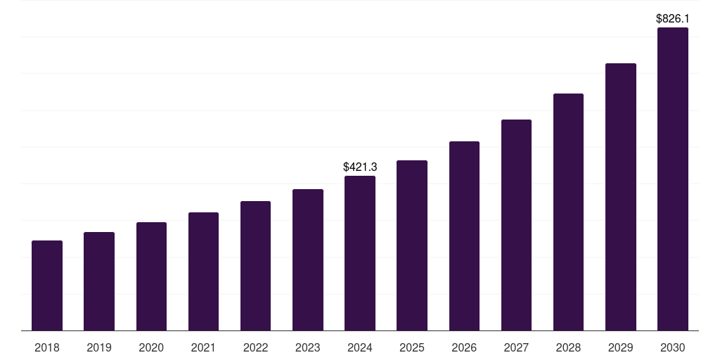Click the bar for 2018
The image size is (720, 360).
pyautogui.click(x=47, y=285)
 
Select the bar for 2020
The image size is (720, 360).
pyautogui.click(x=151, y=276)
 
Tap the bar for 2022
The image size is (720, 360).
pyautogui.click(x=255, y=266)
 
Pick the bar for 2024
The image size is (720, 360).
pyautogui.click(x=360, y=253)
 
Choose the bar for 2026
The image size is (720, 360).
pyautogui.click(x=464, y=236)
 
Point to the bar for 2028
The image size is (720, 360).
pyautogui.click(x=568, y=212)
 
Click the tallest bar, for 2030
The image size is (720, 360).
pyautogui.click(x=673, y=179)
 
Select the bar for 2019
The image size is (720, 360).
pyautogui.click(x=99, y=281)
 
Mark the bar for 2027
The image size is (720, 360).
pyautogui.click(x=516, y=225)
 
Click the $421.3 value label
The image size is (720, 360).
pyautogui.click(x=360, y=167)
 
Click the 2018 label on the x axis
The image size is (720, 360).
pyautogui.click(x=47, y=347)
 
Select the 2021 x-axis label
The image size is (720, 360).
pyautogui.click(x=203, y=347)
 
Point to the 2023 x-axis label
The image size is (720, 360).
pyautogui.click(x=308, y=347)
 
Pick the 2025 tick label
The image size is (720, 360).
pyautogui.click(x=412, y=347)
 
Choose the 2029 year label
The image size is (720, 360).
pyautogui.click(x=621, y=347)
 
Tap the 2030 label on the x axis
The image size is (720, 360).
pyautogui.click(x=673, y=347)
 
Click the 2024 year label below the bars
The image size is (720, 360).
pyautogui.click(x=360, y=347)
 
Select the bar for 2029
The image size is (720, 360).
pyautogui.click(x=621, y=197)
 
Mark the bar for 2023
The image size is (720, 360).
pyautogui.click(x=308, y=260)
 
